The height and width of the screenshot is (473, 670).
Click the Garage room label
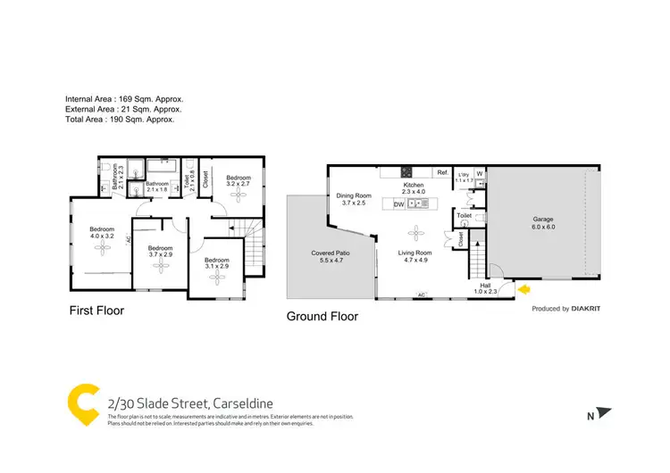point(544,223)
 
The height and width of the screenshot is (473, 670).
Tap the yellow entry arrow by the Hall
point(523,288)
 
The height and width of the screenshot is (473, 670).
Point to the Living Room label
point(415,257)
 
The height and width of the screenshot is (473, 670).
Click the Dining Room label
point(353,199)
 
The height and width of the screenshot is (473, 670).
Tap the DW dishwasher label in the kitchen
point(399,204)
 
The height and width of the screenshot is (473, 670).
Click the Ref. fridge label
point(441,172)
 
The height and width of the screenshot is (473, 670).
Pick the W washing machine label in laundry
point(480,173)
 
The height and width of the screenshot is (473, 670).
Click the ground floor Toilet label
point(464,216)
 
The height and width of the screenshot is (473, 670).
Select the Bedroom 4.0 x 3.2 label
point(102,234)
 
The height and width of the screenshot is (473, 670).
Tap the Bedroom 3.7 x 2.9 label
point(160,252)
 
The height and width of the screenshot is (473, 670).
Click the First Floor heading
point(97,311)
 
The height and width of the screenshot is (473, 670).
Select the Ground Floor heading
point(322,316)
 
